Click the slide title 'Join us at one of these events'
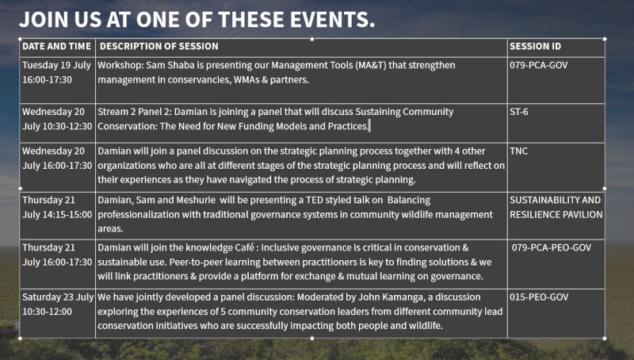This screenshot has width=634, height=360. pyautogui.click(x=197, y=19)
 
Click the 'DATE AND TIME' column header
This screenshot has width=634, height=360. pyautogui.click(x=56, y=46)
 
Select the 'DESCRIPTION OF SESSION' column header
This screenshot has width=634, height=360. pyautogui.click(x=159, y=46)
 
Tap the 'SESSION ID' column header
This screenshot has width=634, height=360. pyautogui.click(x=536, y=46)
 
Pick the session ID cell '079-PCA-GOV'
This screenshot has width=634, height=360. pyautogui.click(x=539, y=65)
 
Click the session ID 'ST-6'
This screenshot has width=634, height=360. pyautogui.click(x=519, y=112)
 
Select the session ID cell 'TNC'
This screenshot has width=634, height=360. pyautogui.click(x=519, y=151)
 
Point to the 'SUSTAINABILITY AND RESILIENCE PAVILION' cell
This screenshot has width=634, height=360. pyautogui.click(x=556, y=207)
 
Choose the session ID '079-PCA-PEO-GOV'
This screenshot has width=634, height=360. pyautogui.click(x=552, y=247)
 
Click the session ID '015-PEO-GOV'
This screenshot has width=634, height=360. pyautogui.click(x=539, y=297)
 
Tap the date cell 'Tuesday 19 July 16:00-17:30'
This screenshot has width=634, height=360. pyautogui.click(x=56, y=72)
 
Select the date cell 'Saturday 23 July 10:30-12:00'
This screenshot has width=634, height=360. pyautogui.click(x=58, y=304)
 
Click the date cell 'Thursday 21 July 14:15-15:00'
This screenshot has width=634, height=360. pyautogui.click(x=57, y=207)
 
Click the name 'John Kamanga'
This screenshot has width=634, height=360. pyautogui.click(x=391, y=297)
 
